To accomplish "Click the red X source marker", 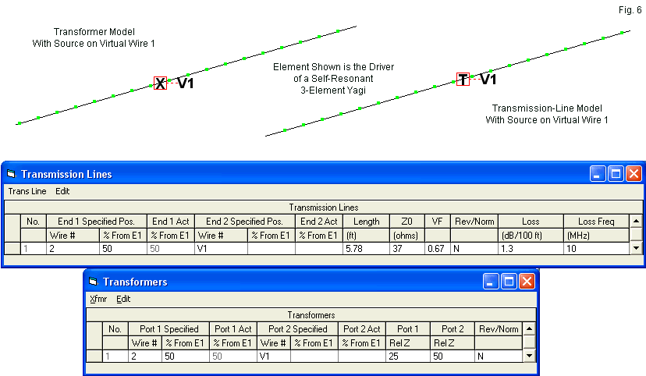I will tap(160, 83).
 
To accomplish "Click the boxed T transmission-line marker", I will tap(463, 79).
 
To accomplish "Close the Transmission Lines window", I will tap(634, 174).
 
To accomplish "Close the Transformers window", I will tap(527, 282).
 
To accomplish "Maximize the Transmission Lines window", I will tap(616, 174).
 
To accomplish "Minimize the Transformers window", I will tap(491, 282).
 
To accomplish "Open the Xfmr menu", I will tap(98, 299).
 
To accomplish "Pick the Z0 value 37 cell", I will tap(405, 248).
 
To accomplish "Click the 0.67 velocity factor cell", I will tap(435, 248).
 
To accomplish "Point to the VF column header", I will tap(437, 222).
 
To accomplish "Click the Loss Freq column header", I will tap(596, 222).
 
